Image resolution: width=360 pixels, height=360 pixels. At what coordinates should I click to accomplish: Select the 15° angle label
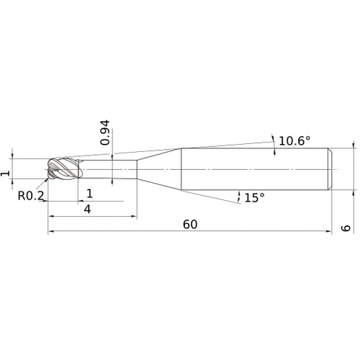[x=255, y=197]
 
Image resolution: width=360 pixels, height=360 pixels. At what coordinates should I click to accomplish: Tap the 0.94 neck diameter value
[x=105, y=134]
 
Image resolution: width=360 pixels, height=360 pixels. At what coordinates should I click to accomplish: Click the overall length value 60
[x=190, y=224]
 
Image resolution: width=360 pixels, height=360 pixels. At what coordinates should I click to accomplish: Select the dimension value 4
[x=87, y=209]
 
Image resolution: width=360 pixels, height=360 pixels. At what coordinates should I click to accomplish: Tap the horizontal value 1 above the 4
[x=89, y=193]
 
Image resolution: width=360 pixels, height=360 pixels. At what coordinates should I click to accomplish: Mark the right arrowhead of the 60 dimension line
[x=328, y=233]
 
